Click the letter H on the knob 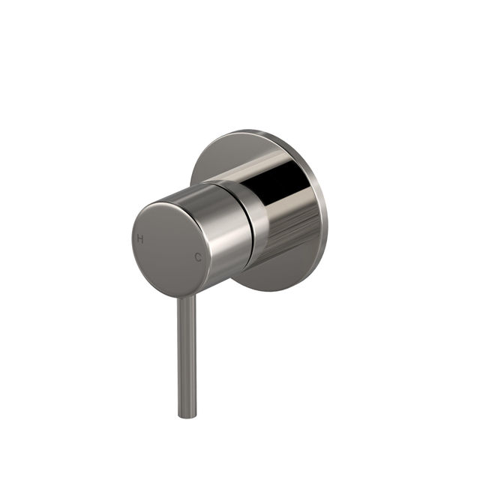pos(139,238)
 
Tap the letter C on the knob pos(198,257)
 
